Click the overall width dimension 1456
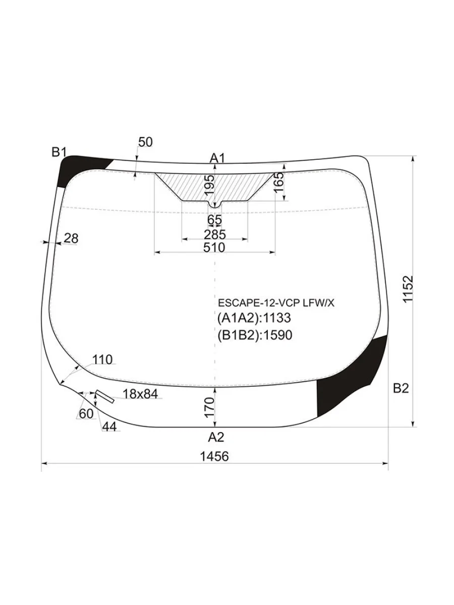[214, 457]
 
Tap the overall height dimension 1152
[408, 289]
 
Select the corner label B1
[59, 152]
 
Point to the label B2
[401, 388]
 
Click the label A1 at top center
[217, 158]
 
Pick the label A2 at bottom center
[216, 437]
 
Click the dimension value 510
[214, 248]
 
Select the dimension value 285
[215, 234]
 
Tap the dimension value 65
[214, 220]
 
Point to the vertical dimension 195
[209, 185]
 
